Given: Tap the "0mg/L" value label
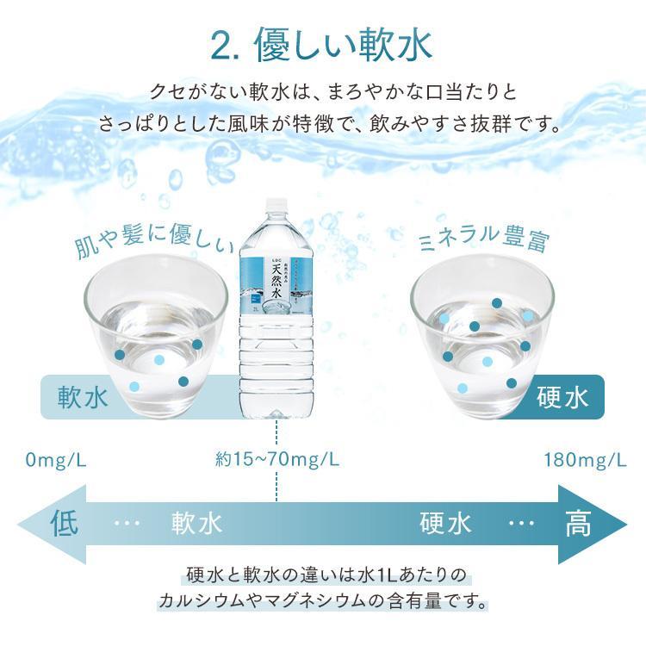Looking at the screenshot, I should [x=56, y=459].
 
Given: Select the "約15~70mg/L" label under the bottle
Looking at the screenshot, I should [x=276, y=459].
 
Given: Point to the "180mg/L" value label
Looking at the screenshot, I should [x=585, y=459].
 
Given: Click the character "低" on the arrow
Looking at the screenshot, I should [x=67, y=524].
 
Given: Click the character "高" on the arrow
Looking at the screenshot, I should [x=578, y=524].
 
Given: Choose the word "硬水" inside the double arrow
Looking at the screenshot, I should [x=445, y=524].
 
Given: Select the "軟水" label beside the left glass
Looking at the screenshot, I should [x=83, y=398].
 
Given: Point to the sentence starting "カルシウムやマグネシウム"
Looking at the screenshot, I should [x=322, y=598].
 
